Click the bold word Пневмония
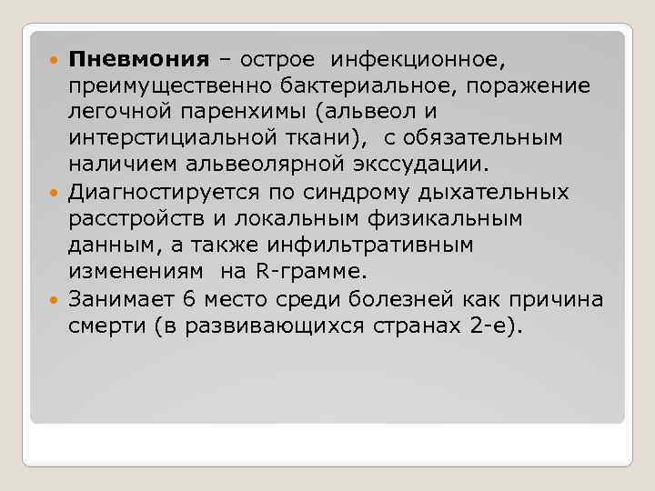(138, 60)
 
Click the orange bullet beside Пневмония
(56, 60)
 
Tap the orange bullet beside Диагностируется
(56, 193)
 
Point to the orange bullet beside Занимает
(56, 299)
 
